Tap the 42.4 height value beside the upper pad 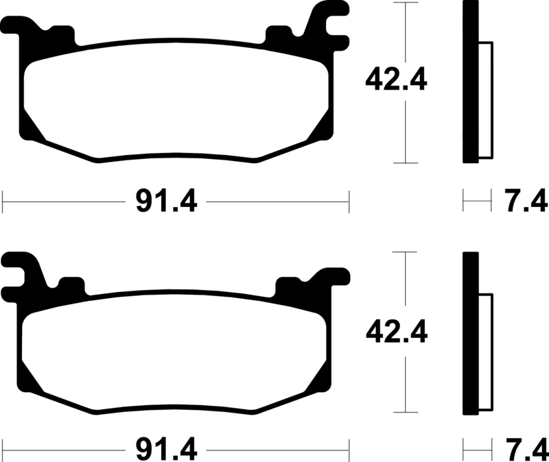tap(396, 80)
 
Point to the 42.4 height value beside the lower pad tap(396, 332)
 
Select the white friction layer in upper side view tap(484, 99)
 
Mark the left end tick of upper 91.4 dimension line tap(3, 202)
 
